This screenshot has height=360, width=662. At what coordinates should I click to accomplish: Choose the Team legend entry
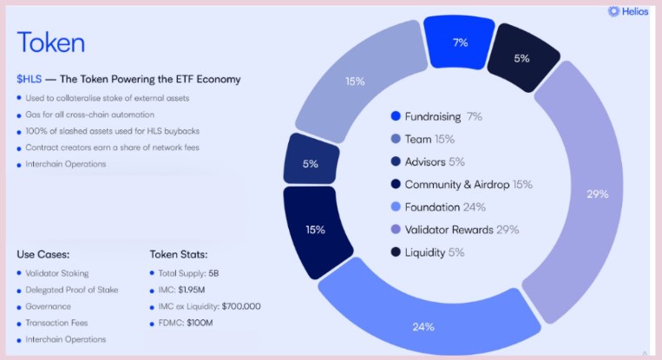point(429,139)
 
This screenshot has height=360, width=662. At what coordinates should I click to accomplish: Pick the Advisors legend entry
point(435,161)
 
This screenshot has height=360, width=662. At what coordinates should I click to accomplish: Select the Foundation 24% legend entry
point(445,206)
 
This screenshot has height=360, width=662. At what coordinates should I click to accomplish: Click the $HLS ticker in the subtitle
point(27,79)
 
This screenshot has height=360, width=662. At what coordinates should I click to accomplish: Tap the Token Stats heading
point(179,254)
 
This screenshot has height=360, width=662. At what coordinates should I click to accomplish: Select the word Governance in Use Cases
point(49,306)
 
